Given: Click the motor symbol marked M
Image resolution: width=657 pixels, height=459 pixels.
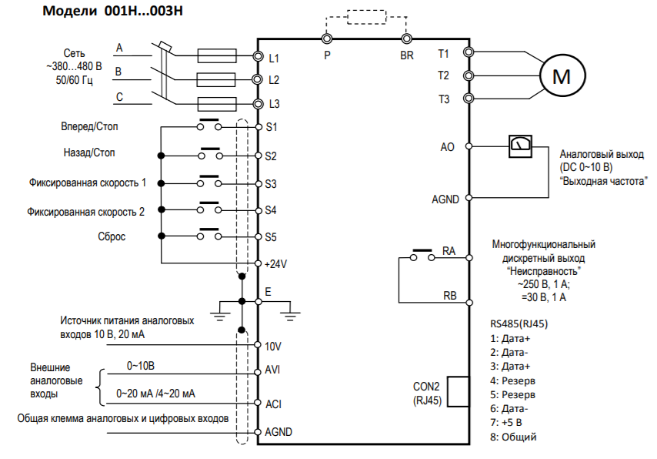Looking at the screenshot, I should [x=564, y=75].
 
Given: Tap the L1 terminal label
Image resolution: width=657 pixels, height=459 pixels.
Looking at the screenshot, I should [x=275, y=58].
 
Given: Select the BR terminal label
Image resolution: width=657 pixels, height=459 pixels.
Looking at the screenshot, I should [x=407, y=55].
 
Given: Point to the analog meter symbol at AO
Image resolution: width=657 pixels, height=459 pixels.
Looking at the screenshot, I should [x=521, y=145].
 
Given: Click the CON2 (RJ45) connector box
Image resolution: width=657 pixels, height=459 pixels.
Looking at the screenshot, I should [x=457, y=391].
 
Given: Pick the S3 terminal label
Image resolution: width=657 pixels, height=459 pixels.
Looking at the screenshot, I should [x=271, y=184].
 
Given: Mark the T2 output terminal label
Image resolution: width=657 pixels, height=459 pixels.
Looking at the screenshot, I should [x=443, y=75].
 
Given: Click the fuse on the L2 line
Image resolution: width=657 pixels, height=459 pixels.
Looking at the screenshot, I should [x=212, y=79].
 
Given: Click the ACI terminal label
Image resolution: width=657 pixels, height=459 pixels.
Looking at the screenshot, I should [x=273, y=403].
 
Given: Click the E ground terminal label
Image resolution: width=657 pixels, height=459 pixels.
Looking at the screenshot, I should [x=268, y=293].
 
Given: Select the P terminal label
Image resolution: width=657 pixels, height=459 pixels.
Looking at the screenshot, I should [x=327, y=55].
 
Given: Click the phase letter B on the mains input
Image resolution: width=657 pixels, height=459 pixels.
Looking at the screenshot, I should [x=118, y=72].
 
